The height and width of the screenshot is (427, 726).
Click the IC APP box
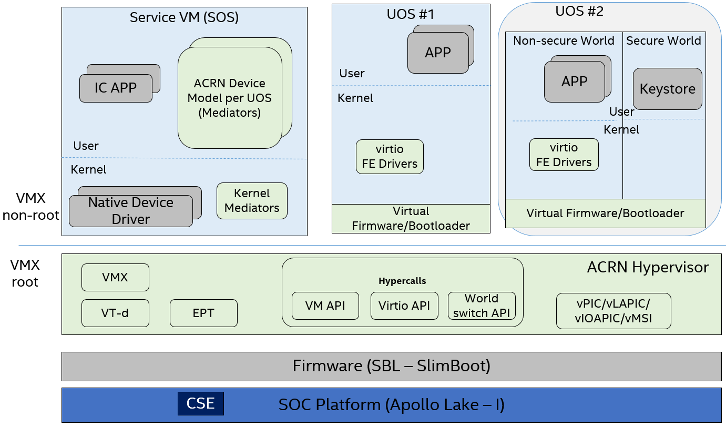pos(116,88)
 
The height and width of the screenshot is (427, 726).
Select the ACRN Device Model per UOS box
pos(230,98)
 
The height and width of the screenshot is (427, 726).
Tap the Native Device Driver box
pos(130,211)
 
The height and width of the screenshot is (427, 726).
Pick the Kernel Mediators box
pos(252,201)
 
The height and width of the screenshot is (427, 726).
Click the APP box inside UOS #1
pos(438,53)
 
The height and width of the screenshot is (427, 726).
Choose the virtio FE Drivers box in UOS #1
pos(390,157)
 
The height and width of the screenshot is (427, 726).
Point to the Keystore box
pos(667,89)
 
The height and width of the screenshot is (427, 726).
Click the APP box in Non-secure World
pos(574,82)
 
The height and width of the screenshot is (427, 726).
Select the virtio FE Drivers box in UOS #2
pos(564,155)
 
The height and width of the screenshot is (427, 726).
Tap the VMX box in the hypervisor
pos(115,277)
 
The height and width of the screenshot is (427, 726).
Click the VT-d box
pos(115,313)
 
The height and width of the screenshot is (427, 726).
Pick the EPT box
pos(203,313)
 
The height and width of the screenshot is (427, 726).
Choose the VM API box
pos(325,306)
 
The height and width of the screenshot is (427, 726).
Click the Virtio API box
pos(404,306)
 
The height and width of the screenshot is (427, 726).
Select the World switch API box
pos(482,306)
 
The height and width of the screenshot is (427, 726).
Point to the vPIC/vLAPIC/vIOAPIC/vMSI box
pos(613,311)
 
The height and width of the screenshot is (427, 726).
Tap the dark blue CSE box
pos(201,403)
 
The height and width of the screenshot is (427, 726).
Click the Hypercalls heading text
pos(402,281)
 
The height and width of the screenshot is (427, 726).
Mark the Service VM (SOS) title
pos(184,17)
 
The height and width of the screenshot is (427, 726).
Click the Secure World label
pos(663,40)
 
